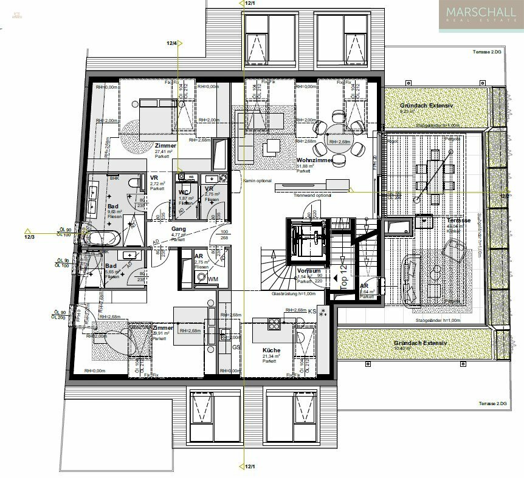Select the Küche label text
[x=271, y=350]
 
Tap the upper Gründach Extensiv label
[x=426, y=105]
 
